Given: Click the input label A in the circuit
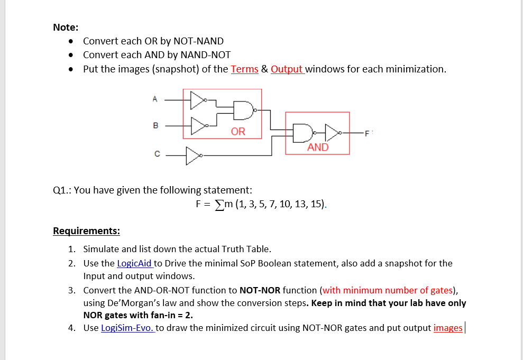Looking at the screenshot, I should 155,98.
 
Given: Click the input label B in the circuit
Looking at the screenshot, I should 155,126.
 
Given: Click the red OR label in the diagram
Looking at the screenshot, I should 238,131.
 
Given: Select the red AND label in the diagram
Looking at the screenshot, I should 318,147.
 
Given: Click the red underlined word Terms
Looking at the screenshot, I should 244,69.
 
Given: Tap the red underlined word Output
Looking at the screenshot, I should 287,69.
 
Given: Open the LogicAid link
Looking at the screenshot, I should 134,263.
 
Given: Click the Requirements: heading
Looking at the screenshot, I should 86,231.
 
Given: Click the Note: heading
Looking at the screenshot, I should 66,27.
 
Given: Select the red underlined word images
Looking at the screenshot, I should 447,328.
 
